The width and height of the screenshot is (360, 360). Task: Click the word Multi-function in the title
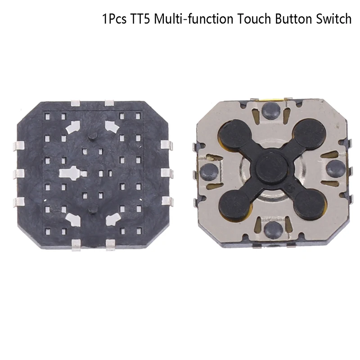[193, 19]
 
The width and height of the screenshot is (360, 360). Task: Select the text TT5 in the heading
[140, 19]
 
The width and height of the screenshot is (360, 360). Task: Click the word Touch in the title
[254, 19]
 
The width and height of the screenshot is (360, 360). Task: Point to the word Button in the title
[293, 19]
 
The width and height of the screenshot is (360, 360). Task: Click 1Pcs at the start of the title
[114, 19]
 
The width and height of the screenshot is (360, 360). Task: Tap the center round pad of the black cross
[270, 167]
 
